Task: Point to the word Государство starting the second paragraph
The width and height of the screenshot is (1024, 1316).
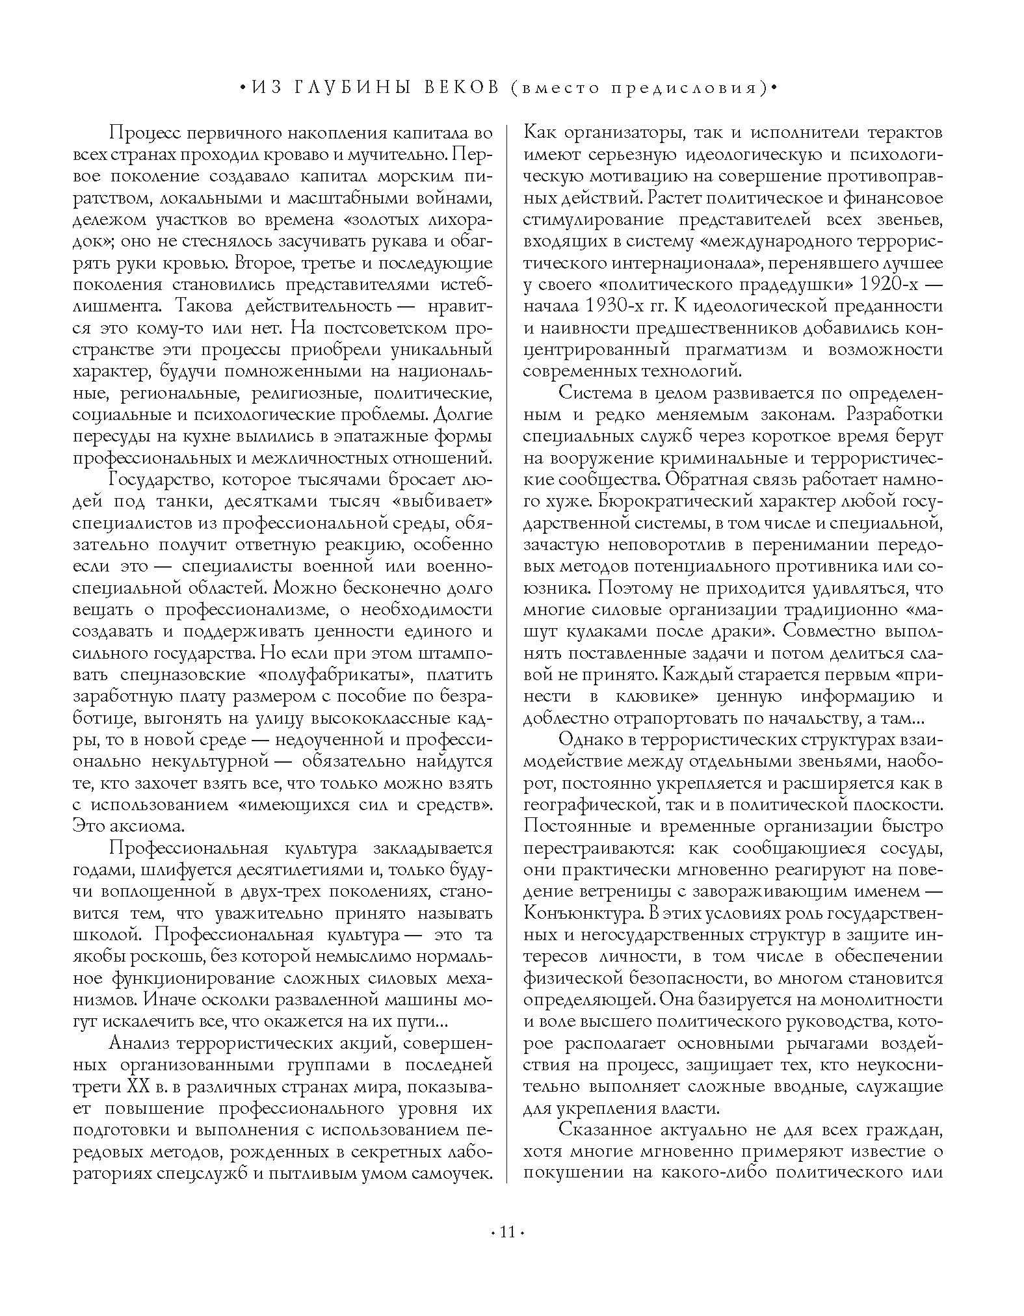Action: (x=152, y=480)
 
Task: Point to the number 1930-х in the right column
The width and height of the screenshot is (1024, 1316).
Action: (x=621, y=306)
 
